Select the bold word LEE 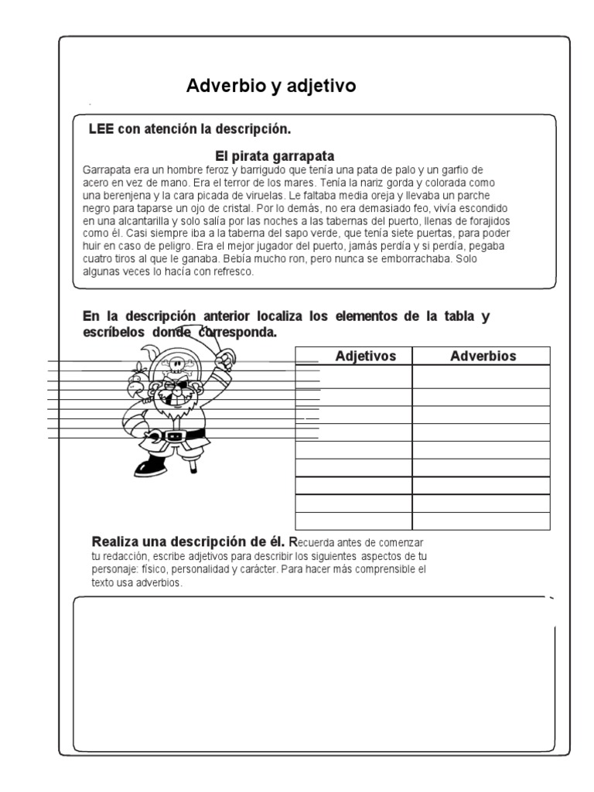(101, 128)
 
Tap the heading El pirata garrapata (275, 155)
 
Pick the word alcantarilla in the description (145, 220)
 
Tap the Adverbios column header (483, 356)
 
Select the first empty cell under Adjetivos (353, 376)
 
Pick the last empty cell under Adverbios (481, 521)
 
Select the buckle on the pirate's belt (172, 436)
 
